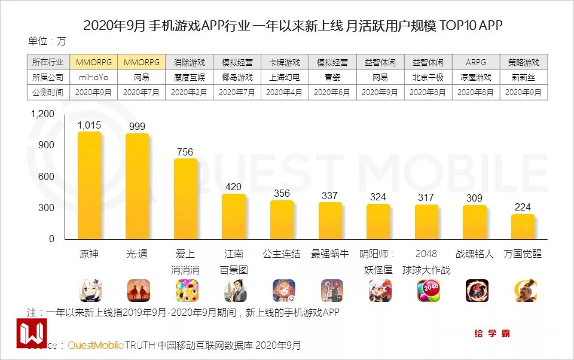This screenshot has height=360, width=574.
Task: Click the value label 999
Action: pyautogui.click(x=137, y=126)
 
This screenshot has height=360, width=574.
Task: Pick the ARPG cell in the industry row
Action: pyautogui.click(x=476, y=62)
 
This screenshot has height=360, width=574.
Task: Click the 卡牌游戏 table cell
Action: pyautogui.click(x=285, y=62)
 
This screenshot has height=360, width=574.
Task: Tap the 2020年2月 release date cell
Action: pyautogui.click(x=189, y=93)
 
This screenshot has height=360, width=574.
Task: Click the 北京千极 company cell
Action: pyautogui.click(x=428, y=78)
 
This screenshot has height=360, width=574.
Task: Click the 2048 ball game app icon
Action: pyautogui.click(x=429, y=291)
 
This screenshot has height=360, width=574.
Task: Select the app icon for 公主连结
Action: pyautogui.click(x=284, y=291)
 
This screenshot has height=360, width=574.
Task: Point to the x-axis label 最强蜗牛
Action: pyautogui.click(x=330, y=254)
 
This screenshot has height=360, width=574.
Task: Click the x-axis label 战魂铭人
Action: pyautogui.click(x=475, y=254)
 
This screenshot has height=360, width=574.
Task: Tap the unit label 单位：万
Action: pyautogui.click(x=47, y=41)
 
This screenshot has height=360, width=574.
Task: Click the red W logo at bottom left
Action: pyautogui.click(x=31, y=333)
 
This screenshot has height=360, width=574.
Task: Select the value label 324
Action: pyautogui.click(x=378, y=197)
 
